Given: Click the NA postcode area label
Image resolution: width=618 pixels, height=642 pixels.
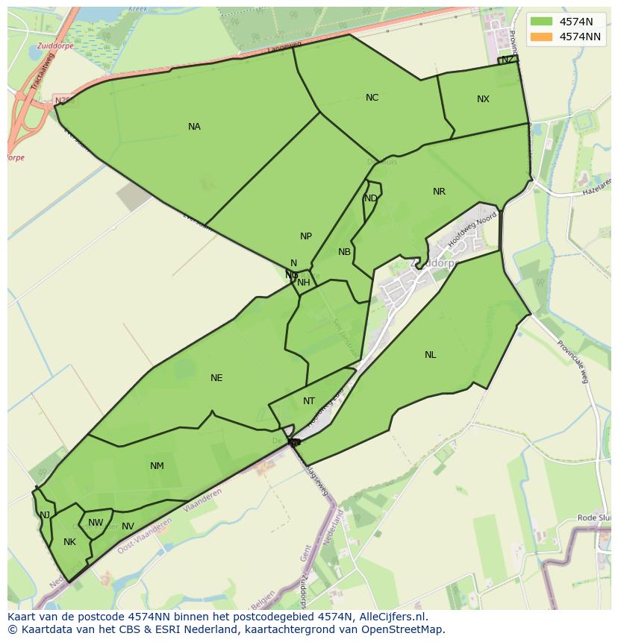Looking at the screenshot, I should click(x=194, y=127).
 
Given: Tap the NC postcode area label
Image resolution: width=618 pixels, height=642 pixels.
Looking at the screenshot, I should click(x=372, y=98).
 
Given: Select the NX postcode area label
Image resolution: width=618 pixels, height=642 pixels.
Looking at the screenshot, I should click(x=483, y=99).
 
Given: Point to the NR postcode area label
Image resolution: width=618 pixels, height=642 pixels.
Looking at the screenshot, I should click(x=439, y=192).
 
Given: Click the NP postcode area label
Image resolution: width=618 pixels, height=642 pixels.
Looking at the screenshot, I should click(x=306, y=236).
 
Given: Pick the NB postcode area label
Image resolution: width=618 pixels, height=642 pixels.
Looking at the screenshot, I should click(x=344, y=252).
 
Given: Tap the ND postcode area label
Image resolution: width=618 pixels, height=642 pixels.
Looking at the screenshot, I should click(x=370, y=198).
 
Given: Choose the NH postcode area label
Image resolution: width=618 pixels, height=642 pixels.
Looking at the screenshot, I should click(x=303, y=283).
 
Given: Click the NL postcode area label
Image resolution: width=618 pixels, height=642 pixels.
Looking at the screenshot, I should click(x=430, y=355).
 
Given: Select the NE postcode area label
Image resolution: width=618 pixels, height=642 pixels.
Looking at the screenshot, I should click(x=216, y=378).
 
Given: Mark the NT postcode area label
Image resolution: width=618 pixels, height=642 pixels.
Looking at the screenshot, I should click(x=309, y=401).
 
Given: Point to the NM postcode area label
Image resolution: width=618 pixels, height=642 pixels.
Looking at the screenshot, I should click(x=157, y=466).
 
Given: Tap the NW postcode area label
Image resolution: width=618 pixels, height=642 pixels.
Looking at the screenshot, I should click(x=96, y=523).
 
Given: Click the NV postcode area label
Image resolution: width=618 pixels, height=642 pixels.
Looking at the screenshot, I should click(x=128, y=526).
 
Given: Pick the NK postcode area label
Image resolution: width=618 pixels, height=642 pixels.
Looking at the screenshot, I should click(x=69, y=542).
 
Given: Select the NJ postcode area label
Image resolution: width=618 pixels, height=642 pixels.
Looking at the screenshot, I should click(x=45, y=514).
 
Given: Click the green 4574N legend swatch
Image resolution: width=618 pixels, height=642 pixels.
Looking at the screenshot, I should click(x=543, y=22).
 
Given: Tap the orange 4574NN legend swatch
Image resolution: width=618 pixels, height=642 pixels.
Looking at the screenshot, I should click(x=543, y=37).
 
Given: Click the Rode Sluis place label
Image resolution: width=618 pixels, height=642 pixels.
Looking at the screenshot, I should click(x=595, y=518).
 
